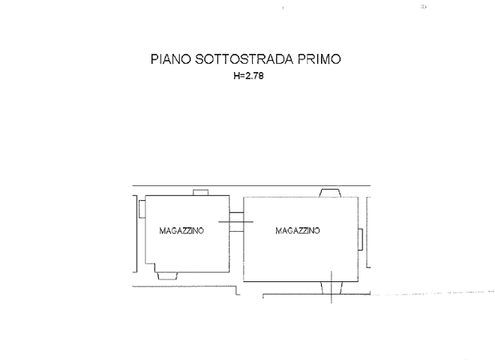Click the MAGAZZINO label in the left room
(x=181, y=232)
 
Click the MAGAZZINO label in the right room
(x=298, y=231)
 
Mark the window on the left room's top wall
(x=200, y=193)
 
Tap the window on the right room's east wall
(x=362, y=240)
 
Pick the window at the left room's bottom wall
(x=167, y=276)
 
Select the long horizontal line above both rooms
(x=247, y=185)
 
